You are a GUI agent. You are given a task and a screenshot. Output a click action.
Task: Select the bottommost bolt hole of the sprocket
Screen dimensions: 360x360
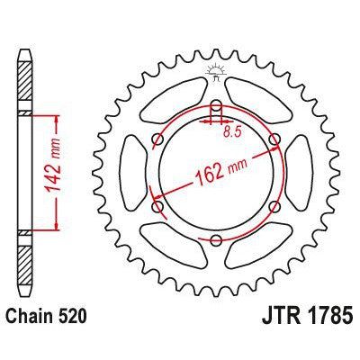pos(216,239)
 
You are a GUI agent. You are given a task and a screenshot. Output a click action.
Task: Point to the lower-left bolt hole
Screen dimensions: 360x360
pos(158,206)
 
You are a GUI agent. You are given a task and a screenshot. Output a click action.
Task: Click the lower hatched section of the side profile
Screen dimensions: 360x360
pos(25,261)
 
